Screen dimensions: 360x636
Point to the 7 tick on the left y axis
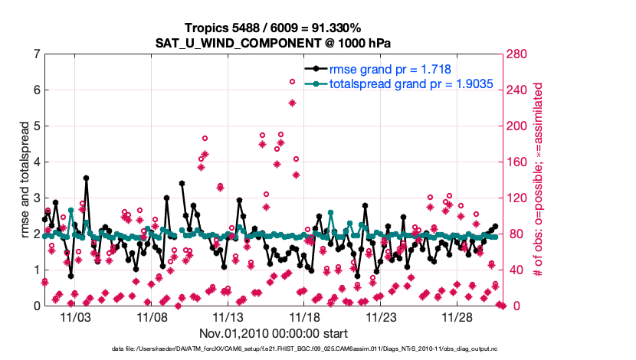point(36,54)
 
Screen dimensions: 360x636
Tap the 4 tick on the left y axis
point(36,162)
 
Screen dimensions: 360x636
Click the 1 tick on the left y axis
point(36,270)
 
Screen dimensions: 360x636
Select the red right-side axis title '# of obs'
point(539,180)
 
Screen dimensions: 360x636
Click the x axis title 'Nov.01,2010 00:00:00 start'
point(274,333)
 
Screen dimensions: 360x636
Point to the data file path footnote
point(274,349)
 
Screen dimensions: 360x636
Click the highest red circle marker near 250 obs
point(292,82)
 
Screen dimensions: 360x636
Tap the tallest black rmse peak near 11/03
point(86,178)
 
